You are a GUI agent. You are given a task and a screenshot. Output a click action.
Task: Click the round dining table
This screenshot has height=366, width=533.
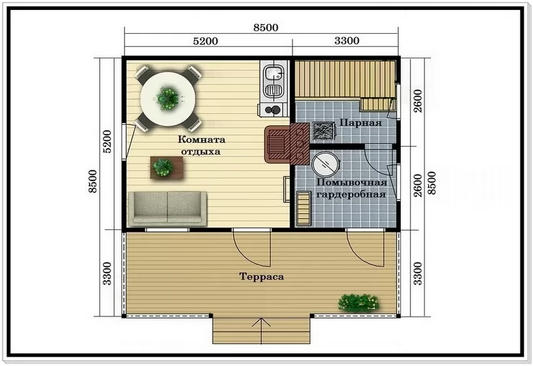[168, 99]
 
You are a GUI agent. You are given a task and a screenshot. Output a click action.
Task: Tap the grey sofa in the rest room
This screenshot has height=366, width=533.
[167, 208]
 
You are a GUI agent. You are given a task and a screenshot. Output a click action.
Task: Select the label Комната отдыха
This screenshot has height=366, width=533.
[201, 145]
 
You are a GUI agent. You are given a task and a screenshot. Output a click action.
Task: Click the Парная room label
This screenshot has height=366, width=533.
[361, 122]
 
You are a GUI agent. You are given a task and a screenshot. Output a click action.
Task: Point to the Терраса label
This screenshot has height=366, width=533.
[261, 276]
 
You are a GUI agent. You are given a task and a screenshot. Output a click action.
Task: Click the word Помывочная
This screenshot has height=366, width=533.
[352, 182]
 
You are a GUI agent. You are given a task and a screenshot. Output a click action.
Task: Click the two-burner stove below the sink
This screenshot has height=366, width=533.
[273, 110]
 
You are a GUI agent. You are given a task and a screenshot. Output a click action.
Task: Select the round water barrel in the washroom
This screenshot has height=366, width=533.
[325, 164]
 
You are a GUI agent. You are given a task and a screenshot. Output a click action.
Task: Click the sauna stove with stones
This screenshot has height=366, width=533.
[324, 130]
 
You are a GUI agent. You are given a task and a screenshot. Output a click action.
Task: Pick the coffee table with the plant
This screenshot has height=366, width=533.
[167, 167]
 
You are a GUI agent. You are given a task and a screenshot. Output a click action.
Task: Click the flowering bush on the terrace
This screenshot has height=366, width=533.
[359, 303]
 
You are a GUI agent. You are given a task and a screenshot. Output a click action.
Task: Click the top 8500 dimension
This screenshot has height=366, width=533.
[265, 28]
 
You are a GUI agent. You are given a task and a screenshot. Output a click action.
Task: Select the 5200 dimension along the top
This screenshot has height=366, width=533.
[205, 41]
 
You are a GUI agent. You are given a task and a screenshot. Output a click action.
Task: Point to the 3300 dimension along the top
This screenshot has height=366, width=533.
[347, 41]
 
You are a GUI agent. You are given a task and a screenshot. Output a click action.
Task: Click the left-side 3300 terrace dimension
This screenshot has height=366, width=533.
[107, 273]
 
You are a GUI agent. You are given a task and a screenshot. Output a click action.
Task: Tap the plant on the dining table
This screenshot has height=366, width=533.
[167, 98]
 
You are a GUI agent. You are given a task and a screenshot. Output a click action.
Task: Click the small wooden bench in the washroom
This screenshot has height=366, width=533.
[303, 209]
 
